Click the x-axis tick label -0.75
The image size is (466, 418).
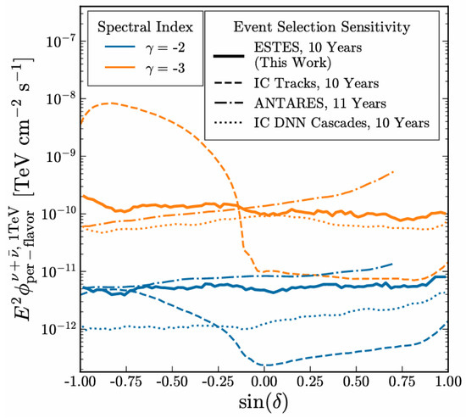pyautogui.click(x=126, y=382)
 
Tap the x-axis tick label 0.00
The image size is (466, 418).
pyautogui.click(x=264, y=382)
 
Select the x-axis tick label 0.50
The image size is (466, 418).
pyautogui.click(x=356, y=382)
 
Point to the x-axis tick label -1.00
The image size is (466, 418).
pyautogui.click(x=80, y=382)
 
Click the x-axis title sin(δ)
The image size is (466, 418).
pyautogui.click(x=264, y=403)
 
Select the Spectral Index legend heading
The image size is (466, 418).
pyautogui.click(x=145, y=27)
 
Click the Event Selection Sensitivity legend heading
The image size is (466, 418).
pyautogui.click(x=322, y=27)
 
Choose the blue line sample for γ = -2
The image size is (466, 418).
pyautogui.click(x=120, y=47)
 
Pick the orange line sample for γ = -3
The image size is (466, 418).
pyautogui.click(x=120, y=68)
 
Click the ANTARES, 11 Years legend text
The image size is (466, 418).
pyautogui.click(x=319, y=103)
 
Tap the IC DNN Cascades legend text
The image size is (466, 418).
pyautogui.click(x=341, y=123)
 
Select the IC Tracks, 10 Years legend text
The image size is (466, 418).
pyautogui.click(x=316, y=84)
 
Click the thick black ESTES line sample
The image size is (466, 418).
pyautogui.click(x=229, y=56)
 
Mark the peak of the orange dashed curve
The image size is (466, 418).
pyautogui.click(x=110, y=103)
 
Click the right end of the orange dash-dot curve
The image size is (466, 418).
pyautogui.click(x=393, y=171)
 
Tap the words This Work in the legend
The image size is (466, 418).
pyautogui.click(x=292, y=63)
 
